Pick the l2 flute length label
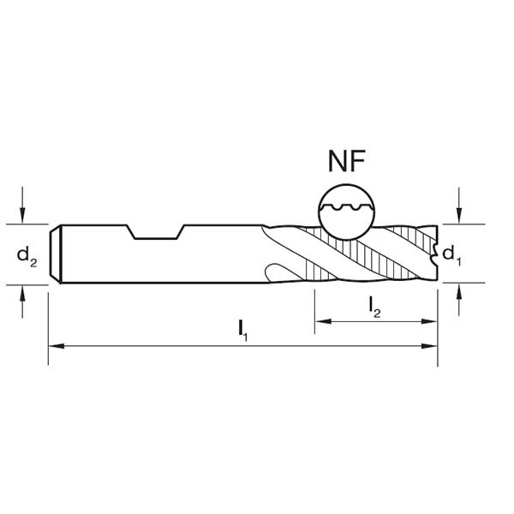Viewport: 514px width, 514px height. [375, 307]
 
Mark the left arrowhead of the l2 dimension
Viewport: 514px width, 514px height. [321, 321]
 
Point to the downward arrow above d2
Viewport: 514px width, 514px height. [23, 216]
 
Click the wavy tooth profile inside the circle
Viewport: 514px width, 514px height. [346, 206]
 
